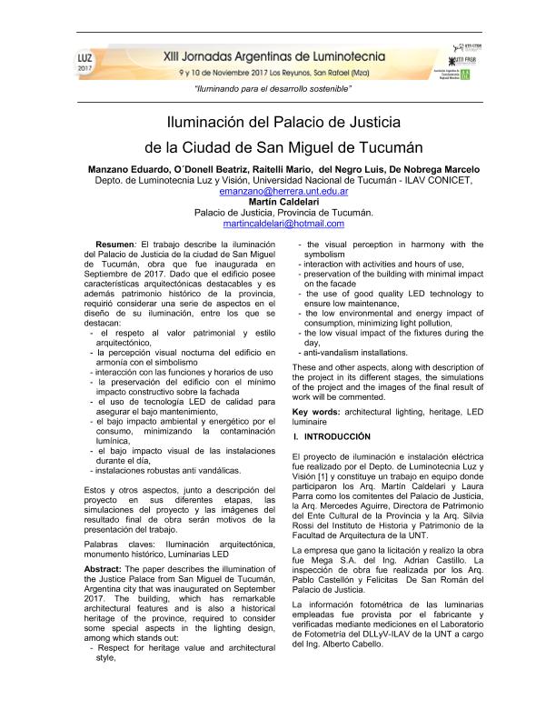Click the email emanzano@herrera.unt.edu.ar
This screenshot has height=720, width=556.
tap(277, 192)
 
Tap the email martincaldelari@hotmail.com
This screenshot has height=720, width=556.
tap(277, 224)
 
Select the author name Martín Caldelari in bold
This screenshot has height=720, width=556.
tap(277, 202)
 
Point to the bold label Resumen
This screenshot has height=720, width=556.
tap(114, 245)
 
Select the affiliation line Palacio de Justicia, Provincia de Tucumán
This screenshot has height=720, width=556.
tap(277, 213)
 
